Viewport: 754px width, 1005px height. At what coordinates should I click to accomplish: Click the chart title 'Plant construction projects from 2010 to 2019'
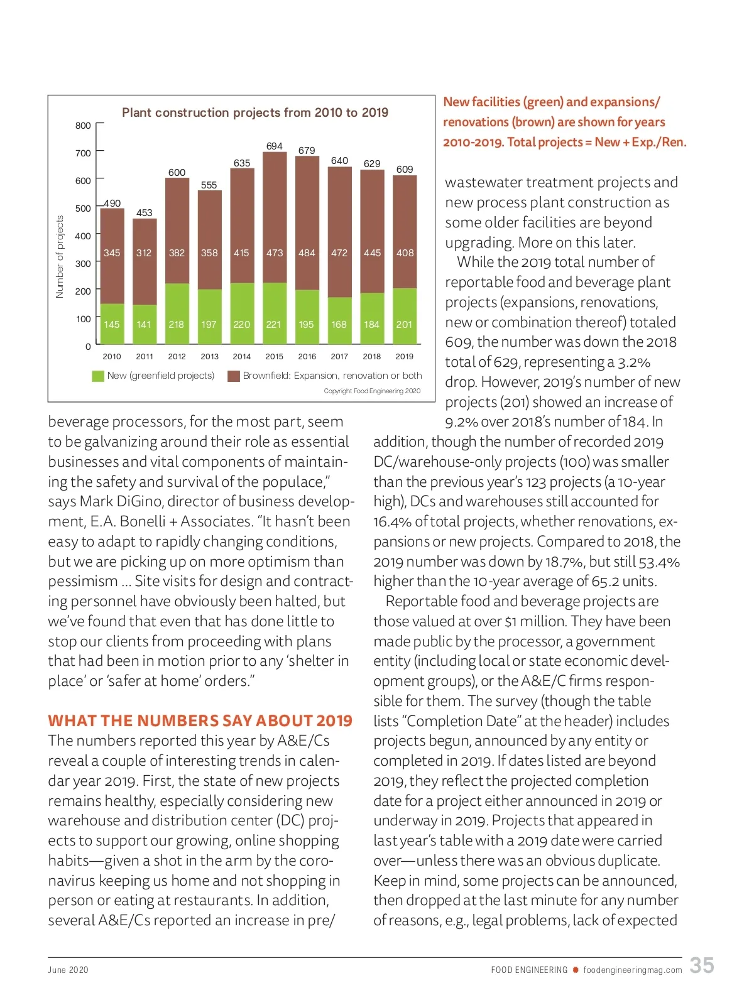click(254, 112)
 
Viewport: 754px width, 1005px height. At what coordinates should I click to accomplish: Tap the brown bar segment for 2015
click(275, 214)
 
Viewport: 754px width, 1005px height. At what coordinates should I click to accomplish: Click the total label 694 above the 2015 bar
click(275, 146)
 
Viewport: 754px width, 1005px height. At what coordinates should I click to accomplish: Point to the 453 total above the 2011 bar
click(145, 212)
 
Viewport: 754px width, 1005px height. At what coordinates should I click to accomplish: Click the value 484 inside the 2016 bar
click(307, 253)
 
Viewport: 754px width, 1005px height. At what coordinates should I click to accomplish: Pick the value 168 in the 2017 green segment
click(339, 324)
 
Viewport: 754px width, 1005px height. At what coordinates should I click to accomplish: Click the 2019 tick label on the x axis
click(405, 356)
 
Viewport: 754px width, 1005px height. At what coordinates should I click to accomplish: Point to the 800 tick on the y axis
click(83, 126)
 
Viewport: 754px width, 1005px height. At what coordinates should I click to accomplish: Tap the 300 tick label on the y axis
click(83, 264)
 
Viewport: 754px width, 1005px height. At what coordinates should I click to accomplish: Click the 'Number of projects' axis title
click(60, 256)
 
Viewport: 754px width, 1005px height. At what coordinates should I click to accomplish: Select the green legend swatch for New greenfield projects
click(97, 376)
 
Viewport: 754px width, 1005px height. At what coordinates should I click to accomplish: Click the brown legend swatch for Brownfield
click(234, 376)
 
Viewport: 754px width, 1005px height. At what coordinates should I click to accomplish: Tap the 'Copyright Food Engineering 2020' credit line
click(372, 391)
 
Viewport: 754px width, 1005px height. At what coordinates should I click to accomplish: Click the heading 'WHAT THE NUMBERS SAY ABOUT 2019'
click(200, 720)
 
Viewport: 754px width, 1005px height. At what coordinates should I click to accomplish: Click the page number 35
click(702, 965)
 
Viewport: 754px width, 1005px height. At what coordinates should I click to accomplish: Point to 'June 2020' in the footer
click(68, 970)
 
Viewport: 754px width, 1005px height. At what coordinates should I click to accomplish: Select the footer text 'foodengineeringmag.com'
click(632, 970)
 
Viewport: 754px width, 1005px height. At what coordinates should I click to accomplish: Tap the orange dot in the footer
click(575, 970)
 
